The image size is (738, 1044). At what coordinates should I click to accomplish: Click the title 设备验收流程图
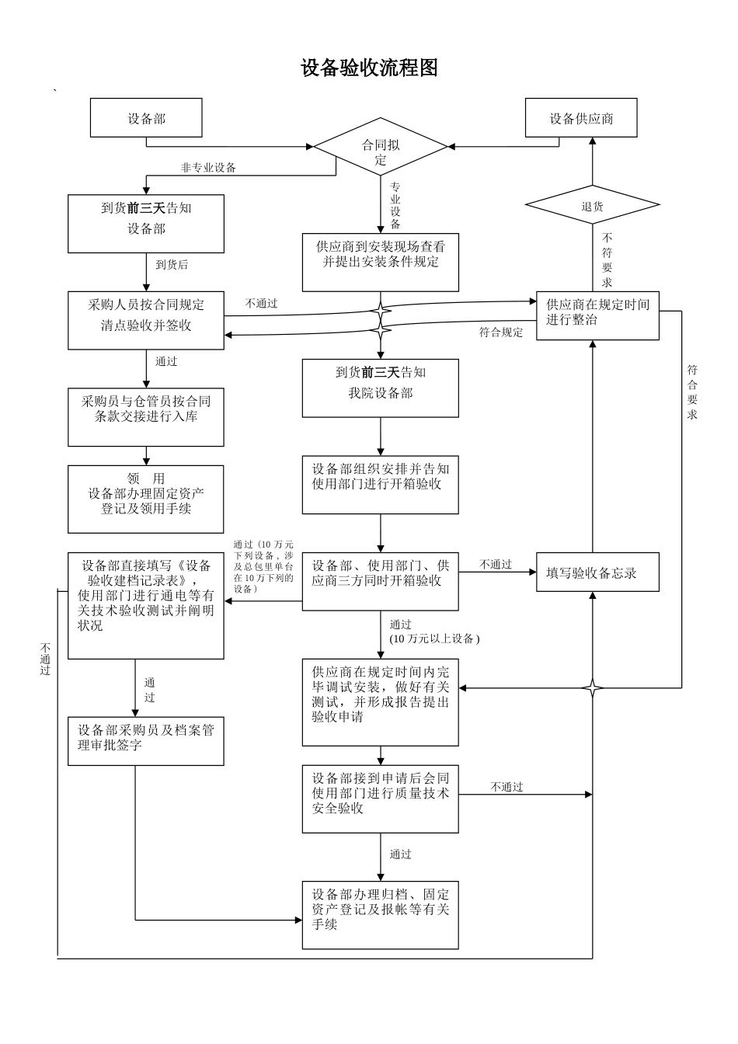tap(369, 68)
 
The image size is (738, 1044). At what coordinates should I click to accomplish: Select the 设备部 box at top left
tap(146, 118)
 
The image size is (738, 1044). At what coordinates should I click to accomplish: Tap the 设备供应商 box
tap(581, 118)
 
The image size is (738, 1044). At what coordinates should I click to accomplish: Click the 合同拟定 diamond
tap(381, 147)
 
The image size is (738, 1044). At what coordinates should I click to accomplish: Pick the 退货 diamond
tap(592, 206)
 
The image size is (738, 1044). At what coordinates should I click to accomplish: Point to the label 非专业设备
tap(208, 167)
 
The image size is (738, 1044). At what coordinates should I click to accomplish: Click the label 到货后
tap(172, 265)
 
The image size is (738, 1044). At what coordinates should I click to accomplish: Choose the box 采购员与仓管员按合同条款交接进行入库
tap(146, 416)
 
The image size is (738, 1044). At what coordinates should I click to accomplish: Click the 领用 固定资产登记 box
tap(146, 498)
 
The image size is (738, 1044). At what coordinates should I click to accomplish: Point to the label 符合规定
tap(501, 332)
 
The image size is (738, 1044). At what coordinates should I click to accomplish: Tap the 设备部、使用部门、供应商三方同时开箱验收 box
tap(381, 580)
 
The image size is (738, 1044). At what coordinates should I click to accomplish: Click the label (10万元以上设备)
tap(435, 639)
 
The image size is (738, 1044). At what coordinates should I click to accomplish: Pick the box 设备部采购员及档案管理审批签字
tap(146, 740)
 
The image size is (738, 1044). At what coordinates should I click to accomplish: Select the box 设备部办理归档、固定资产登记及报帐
tap(381, 914)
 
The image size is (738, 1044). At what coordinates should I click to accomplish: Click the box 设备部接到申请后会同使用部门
tap(381, 799)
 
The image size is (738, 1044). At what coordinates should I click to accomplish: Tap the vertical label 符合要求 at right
tap(692, 392)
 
